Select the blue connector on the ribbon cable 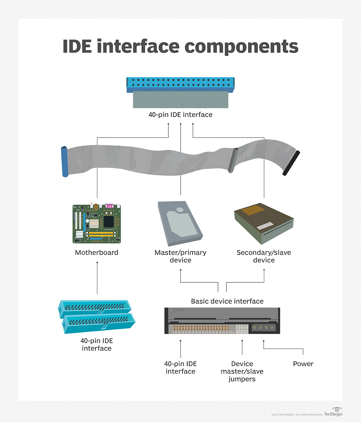point(65,161)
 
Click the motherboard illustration point(97,224)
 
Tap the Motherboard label point(97,252)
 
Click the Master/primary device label point(180,256)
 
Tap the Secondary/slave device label point(263,256)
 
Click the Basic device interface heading point(227,301)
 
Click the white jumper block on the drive point(242,328)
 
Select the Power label point(303,364)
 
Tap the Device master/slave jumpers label point(242,371)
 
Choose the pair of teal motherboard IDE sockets point(97,316)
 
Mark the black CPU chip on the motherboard point(108,221)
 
